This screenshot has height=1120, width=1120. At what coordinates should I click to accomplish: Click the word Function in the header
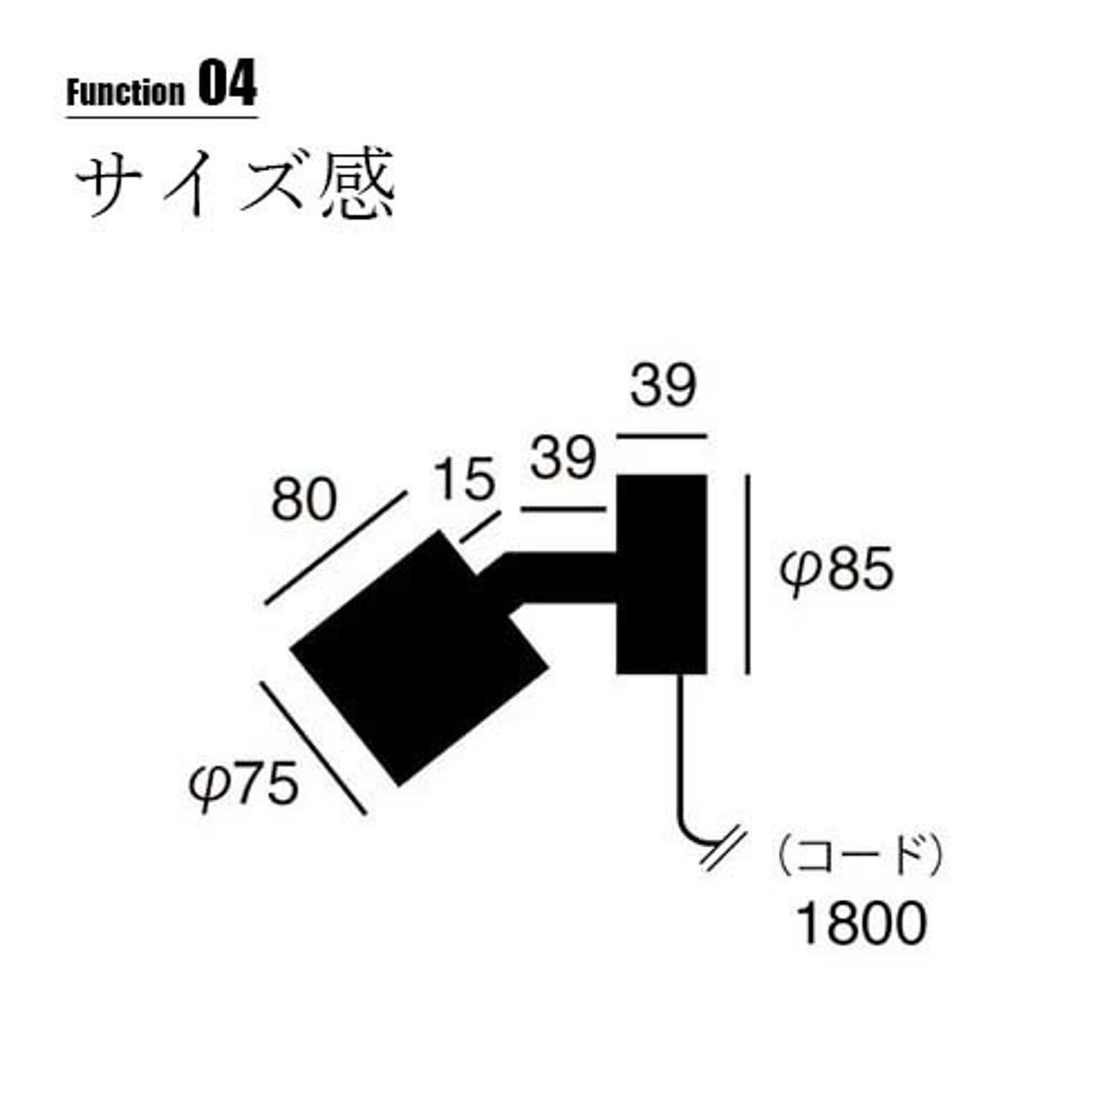[125, 93]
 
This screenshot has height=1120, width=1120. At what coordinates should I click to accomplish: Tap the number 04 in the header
[227, 85]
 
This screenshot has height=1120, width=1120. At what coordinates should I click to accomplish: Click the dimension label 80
[303, 499]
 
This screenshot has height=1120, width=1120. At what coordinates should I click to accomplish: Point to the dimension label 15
[464, 480]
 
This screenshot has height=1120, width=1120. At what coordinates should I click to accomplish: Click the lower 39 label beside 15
[563, 458]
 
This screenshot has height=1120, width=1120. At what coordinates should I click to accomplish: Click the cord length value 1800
[861, 922]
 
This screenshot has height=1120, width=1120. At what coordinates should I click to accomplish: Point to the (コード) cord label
[860, 856]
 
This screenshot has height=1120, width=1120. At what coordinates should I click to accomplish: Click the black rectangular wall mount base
[661, 575]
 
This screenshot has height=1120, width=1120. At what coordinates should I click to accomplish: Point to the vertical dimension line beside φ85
[747, 575]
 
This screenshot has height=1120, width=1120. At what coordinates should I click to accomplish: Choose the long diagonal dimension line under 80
[335, 548]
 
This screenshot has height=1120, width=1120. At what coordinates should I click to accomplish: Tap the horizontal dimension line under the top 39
[661, 436]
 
